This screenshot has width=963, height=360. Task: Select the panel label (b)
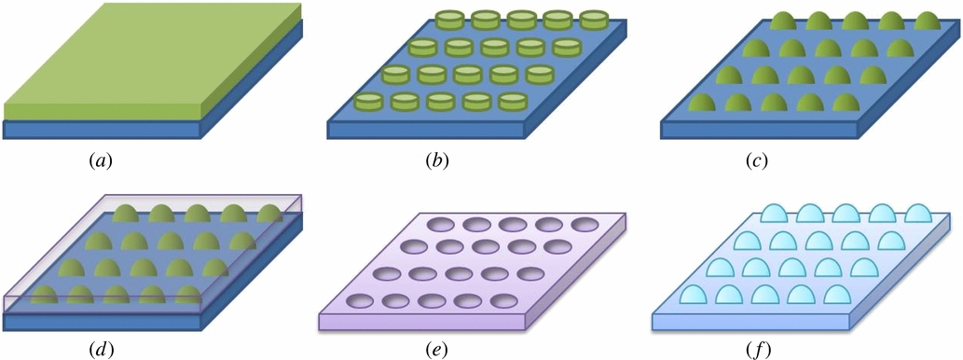(x=436, y=160)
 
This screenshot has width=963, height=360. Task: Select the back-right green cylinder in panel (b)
(x=593, y=20)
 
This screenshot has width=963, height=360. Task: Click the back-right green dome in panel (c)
(x=929, y=21)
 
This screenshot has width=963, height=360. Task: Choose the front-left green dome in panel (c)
(x=703, y=103)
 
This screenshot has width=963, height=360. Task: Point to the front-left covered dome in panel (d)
(x=44, y=298)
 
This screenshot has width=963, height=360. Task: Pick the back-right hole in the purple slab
(x=585, y=224)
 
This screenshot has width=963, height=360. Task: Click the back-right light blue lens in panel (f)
(x=922, y=215)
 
